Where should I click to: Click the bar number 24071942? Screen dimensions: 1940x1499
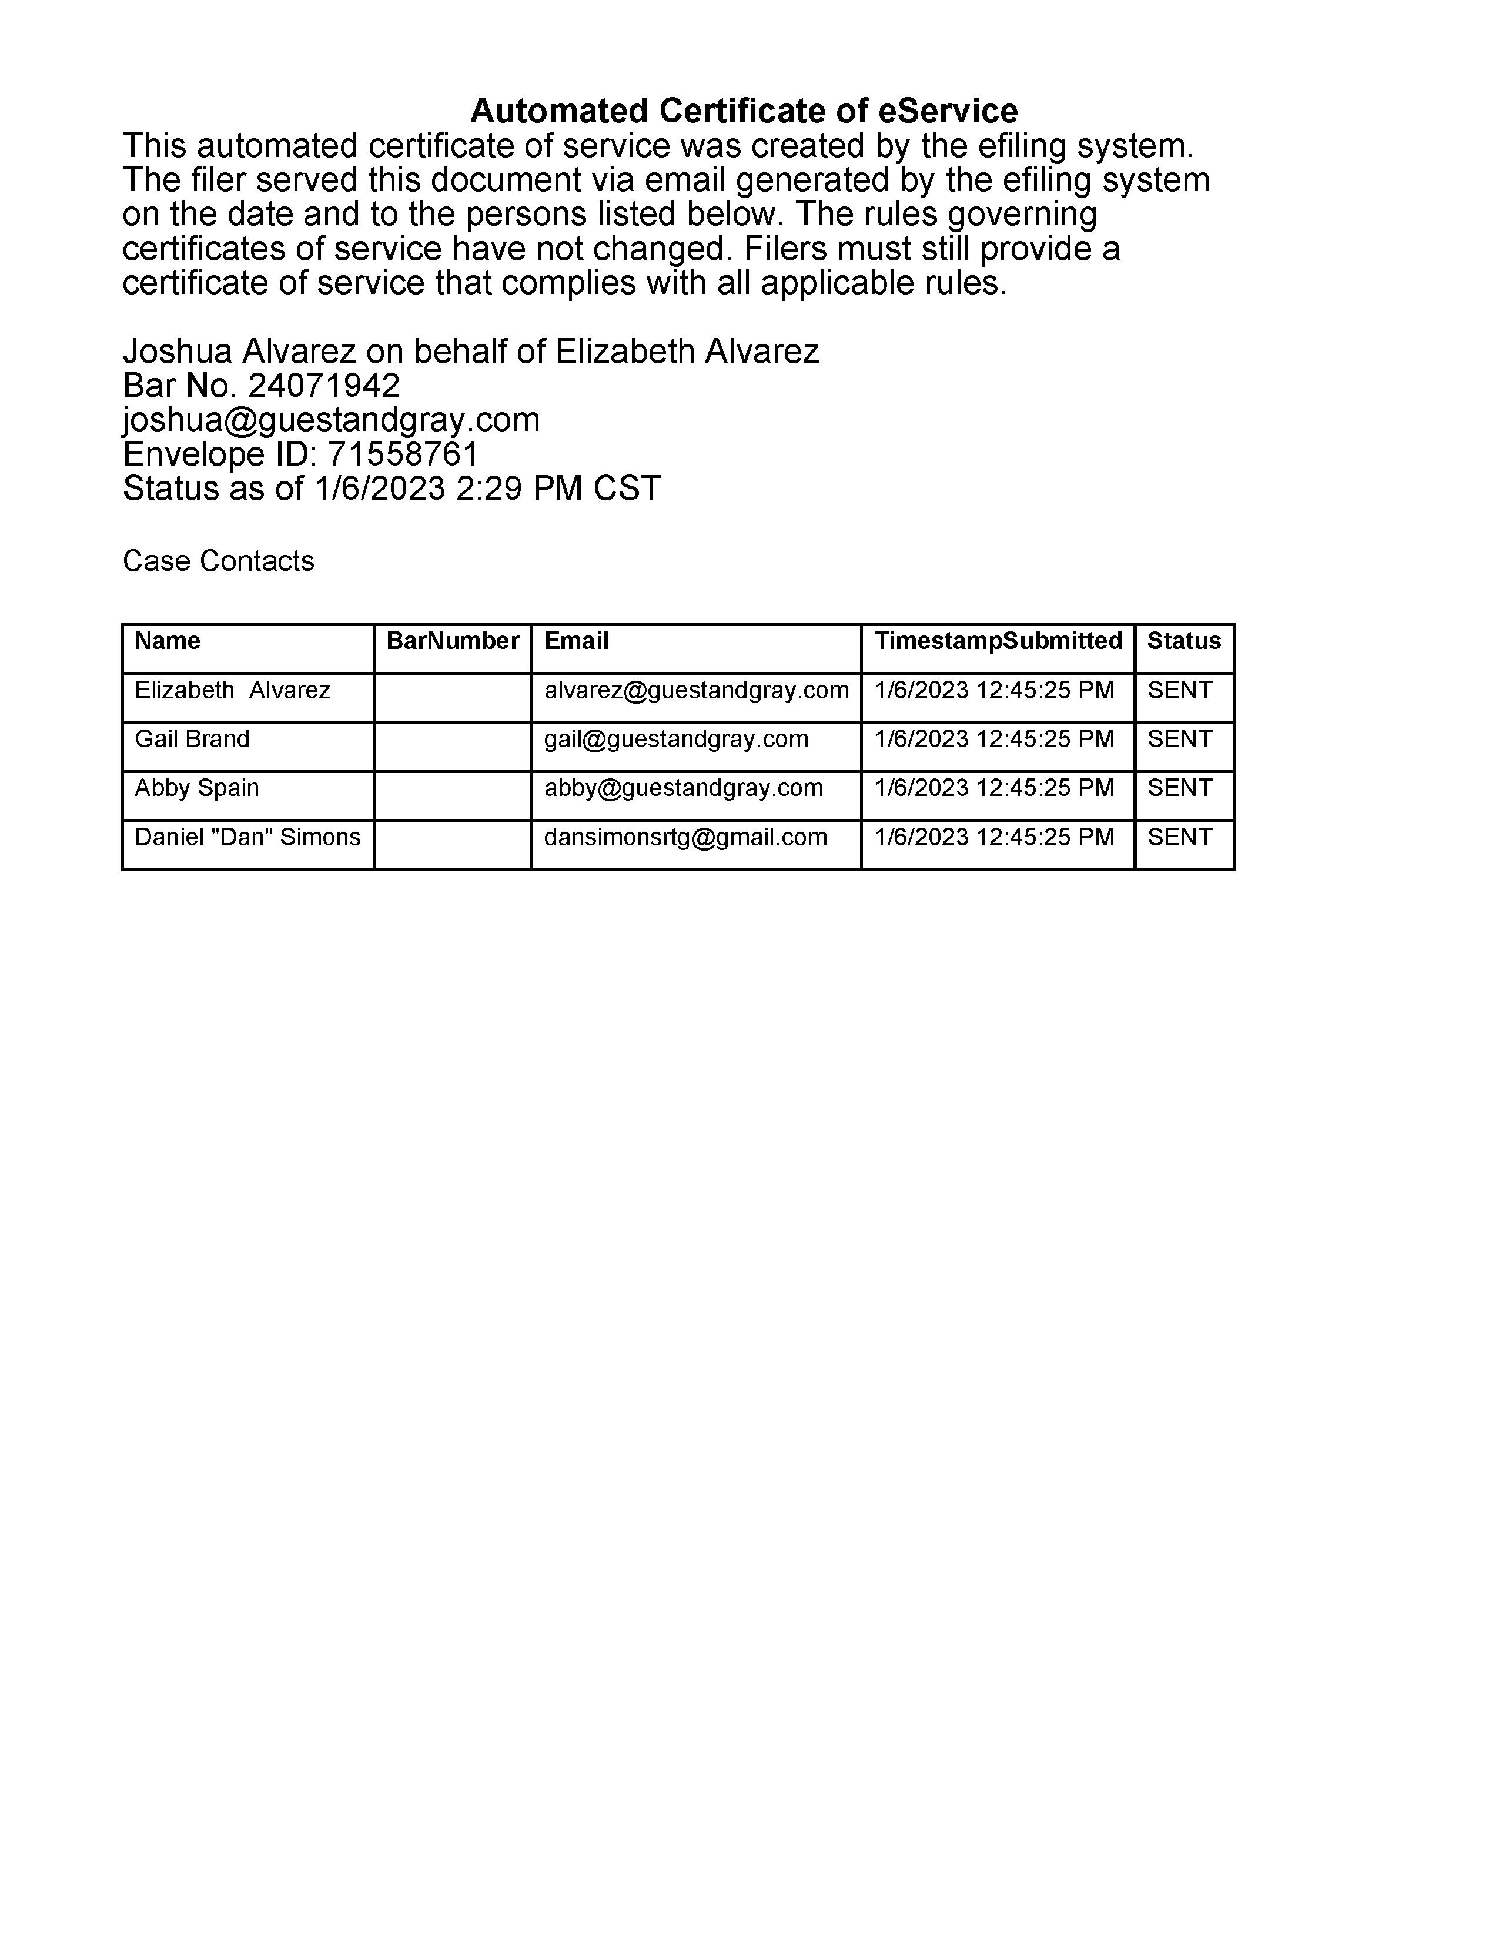point(323,386)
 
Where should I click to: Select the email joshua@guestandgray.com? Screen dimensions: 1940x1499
point(330,419)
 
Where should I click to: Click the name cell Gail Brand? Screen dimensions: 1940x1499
point(192,739)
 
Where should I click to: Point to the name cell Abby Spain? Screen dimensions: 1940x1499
point(196,788)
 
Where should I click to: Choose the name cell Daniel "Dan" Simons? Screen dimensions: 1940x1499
point(247,837)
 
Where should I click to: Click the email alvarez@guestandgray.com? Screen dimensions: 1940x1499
point(696,690)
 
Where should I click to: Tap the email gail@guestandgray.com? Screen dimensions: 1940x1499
point(676,739)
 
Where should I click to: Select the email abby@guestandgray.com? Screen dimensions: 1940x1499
point(683,788)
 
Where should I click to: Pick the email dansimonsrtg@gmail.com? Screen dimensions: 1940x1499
point(685,837)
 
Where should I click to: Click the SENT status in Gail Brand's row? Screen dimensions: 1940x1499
point(1179,739)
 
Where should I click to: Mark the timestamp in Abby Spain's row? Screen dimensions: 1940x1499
point(993,788)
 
